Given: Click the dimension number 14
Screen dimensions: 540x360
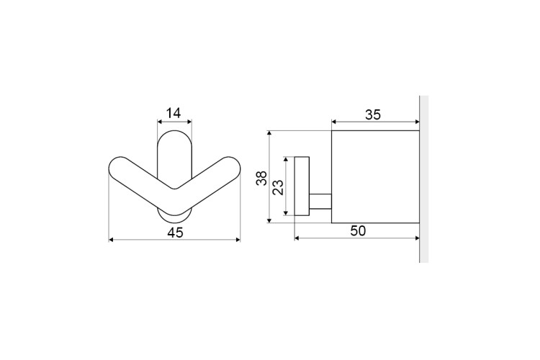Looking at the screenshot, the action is click(174, 113).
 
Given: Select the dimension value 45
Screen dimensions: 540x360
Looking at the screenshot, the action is click(175, 233).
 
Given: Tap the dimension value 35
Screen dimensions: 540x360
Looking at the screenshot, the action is click(373, 114).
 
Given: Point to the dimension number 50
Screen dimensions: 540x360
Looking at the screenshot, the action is click(358, 231).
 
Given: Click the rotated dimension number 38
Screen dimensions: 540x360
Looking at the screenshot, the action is click(262, 178).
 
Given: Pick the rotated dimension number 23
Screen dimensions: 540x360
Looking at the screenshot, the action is click(278, 187).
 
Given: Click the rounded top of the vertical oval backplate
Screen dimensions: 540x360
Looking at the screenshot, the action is click(175, 131).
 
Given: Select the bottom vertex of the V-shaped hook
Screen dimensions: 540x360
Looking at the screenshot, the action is click(175, 215).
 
